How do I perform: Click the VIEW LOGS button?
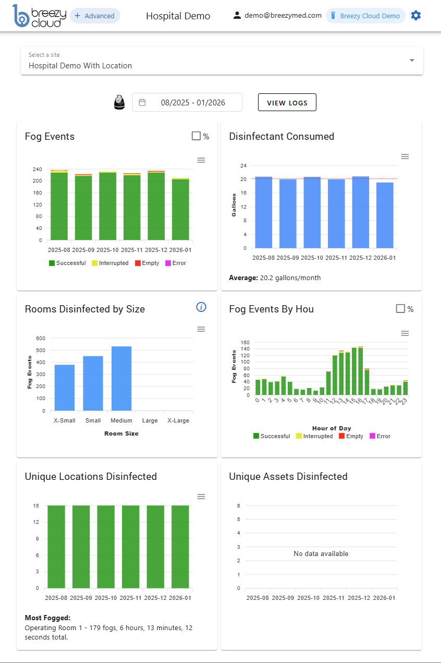point(287,103)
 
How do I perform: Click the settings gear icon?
point(415,16)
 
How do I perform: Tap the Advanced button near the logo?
point(94,16)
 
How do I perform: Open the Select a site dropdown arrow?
point(412,61)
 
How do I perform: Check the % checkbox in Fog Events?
point(196,136)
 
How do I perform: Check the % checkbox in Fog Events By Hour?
point(400,309)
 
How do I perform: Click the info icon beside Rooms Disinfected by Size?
point(201,307)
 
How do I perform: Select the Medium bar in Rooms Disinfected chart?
point(121,378)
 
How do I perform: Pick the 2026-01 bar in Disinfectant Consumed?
point(385,215)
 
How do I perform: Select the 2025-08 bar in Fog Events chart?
point(59,206)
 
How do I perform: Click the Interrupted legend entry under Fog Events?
point(109,263)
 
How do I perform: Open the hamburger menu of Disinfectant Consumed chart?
point(405,156)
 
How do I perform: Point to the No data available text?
point(321,553)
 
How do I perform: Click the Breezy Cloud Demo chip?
point(365,16)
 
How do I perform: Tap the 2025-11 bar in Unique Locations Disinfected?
point(131,547)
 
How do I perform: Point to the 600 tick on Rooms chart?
point(41,338)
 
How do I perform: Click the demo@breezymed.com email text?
point(283,16)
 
